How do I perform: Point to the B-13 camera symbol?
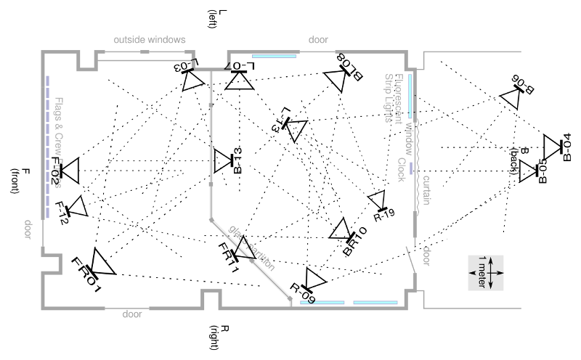tap(222, 160)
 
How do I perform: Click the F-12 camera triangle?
tap(77, 208)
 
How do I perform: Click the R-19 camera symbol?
tap(378, 200)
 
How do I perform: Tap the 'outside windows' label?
tap(150, 39)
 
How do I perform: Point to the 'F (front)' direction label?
tap(21, 181)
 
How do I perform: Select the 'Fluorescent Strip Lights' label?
tap(393, 98)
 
